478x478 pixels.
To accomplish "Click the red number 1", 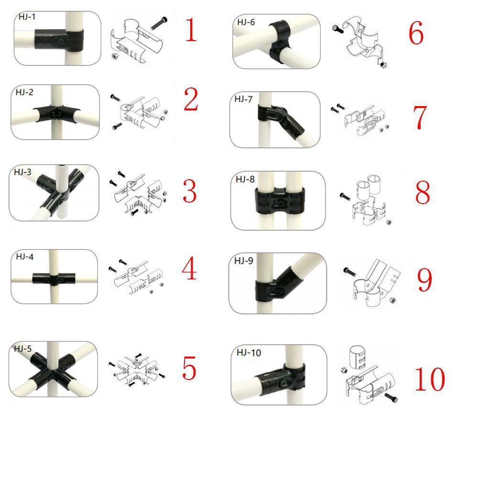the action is [191, 30].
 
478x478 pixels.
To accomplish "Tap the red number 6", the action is [416, 33].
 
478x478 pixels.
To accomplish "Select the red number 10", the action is [430, 379].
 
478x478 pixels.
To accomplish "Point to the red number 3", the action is [190, 191].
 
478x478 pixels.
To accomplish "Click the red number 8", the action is [423, 192].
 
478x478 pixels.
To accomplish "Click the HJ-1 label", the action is [27, 17].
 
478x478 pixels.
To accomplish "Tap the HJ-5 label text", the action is [22, 348].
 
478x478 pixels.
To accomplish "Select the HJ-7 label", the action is [243, 99].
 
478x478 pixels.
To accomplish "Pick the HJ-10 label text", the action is [249, 353].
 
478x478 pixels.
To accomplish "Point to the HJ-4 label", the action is [24, 257].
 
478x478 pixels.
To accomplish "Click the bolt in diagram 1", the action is [159, 23].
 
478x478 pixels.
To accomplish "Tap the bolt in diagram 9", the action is [349, 272].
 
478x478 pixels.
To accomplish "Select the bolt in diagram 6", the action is [338, 29].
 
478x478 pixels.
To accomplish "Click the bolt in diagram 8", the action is [345, 196].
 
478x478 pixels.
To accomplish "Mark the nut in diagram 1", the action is [116, 56].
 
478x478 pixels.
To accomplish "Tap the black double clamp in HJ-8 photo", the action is [280, 202].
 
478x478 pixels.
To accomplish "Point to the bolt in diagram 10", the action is [391, 398].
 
